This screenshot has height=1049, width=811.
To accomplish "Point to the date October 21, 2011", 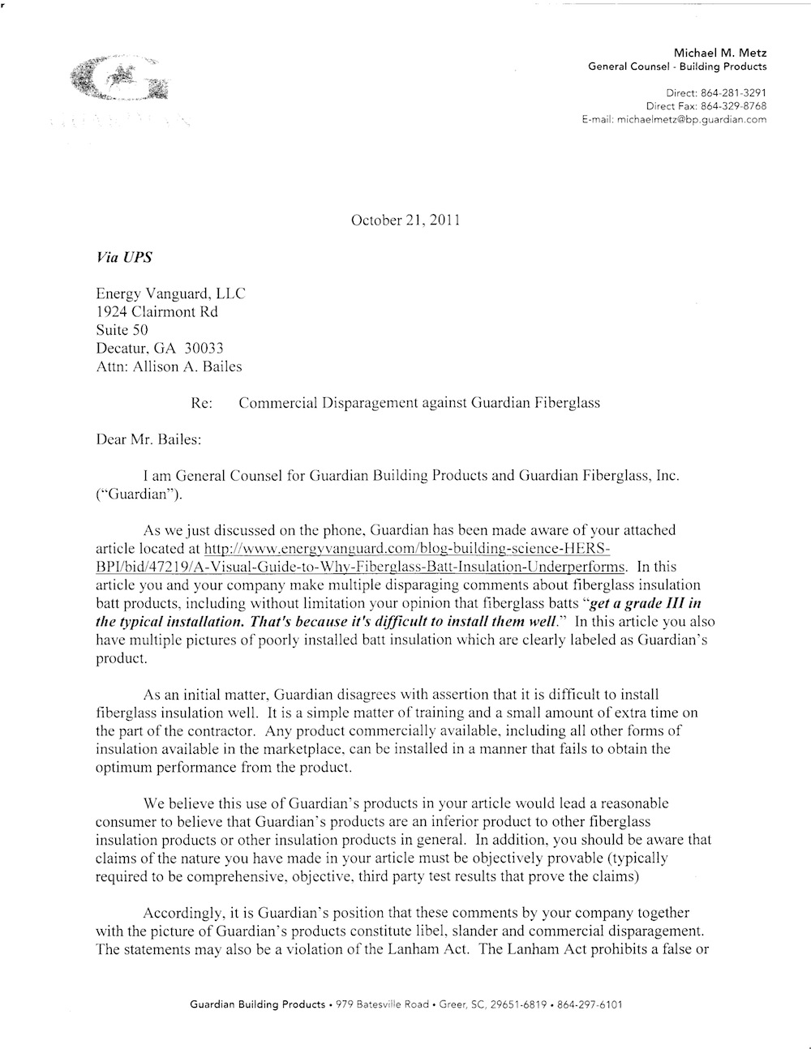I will coord(405,221).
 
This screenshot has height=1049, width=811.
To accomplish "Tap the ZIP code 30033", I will coord(205,349).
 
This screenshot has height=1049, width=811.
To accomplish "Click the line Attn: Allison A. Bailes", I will coord(169,366).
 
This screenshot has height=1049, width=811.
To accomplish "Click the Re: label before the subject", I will coord(201,403).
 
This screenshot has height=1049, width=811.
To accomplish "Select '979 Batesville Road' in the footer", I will coord(383,1004).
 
